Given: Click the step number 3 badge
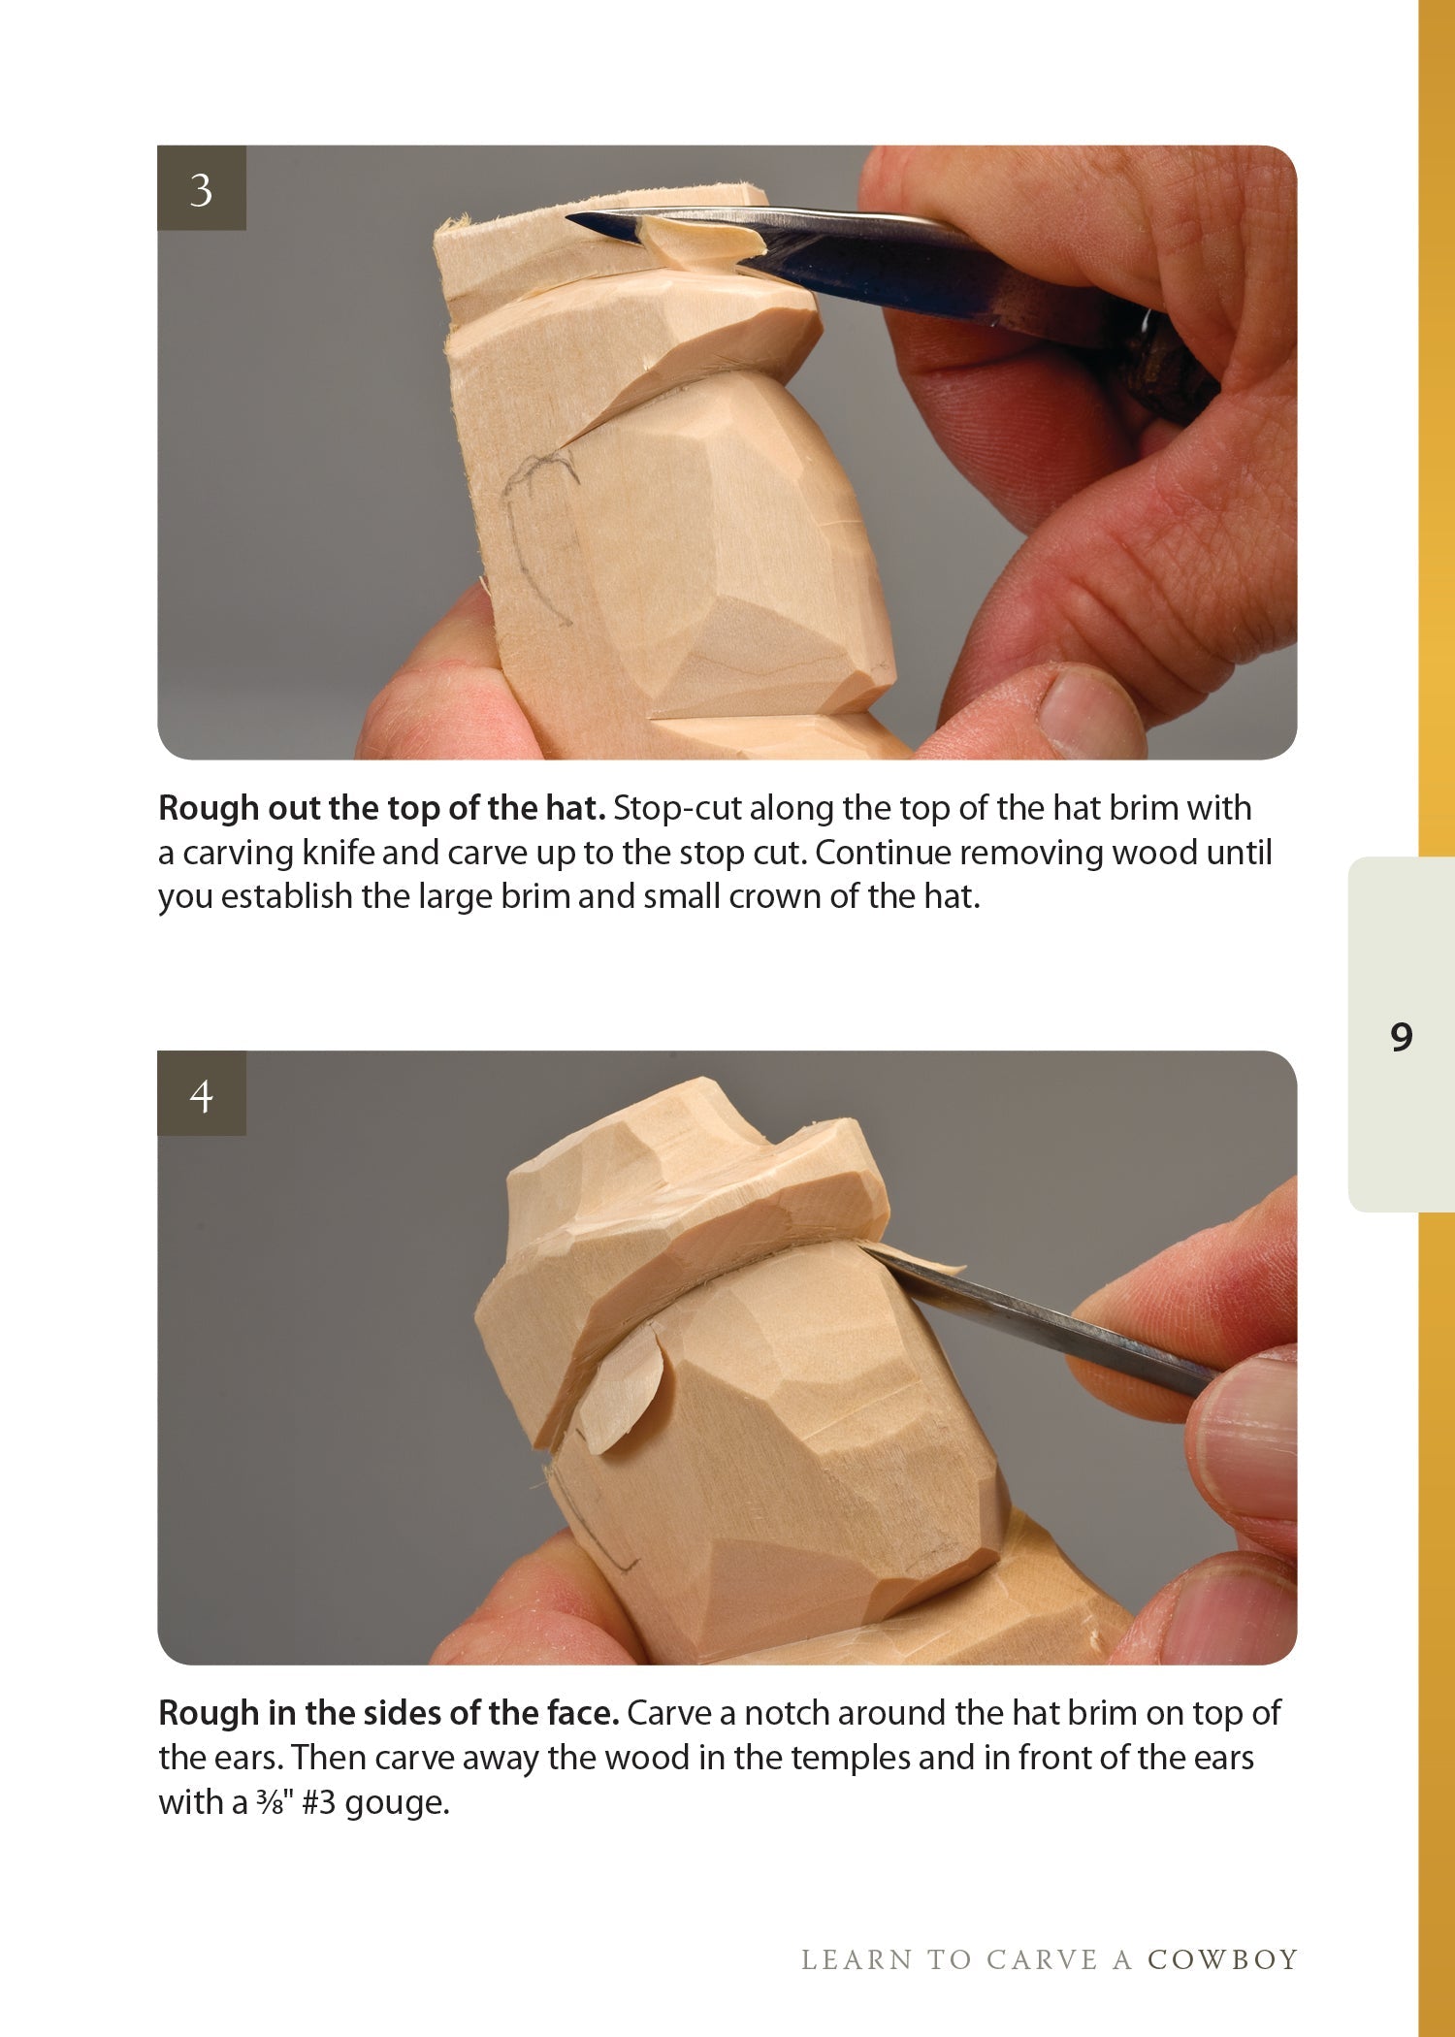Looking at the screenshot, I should [202, 188].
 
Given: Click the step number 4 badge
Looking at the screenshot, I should [202, 1094].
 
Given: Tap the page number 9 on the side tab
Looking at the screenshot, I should [1401, 1037].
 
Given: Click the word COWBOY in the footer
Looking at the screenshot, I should [1222, 1960].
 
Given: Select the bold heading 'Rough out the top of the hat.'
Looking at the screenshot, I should [382, 808].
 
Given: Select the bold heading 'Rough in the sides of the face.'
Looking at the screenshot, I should [388, 1714].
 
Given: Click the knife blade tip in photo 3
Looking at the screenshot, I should [574, 219].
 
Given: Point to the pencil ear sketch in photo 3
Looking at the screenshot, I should [538, 524].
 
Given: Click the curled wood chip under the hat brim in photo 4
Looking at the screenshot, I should [621, 1390].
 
